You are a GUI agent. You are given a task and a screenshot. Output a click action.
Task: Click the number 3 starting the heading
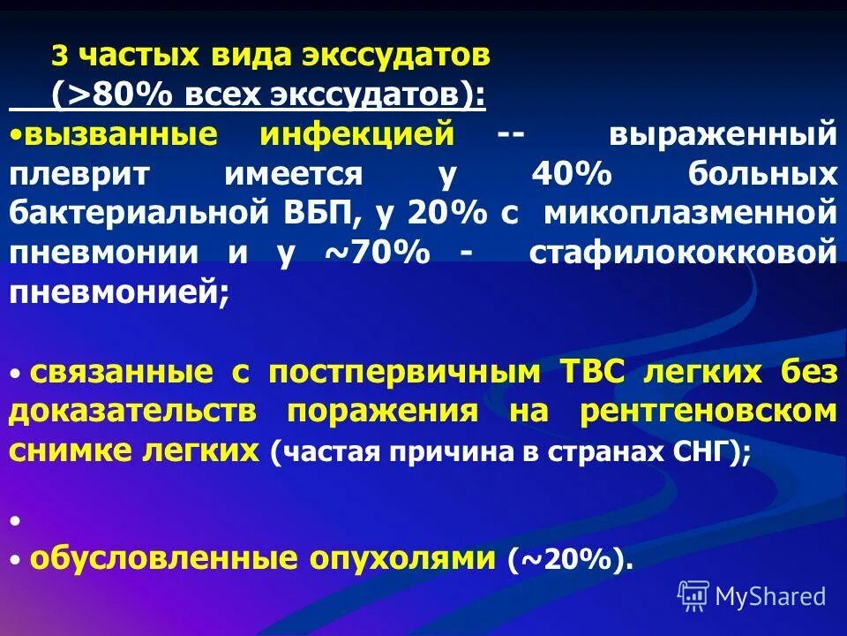click(59, 57)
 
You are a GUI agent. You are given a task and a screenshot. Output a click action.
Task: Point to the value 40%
click(571, 174)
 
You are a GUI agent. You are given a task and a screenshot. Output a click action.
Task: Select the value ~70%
click(380, 253)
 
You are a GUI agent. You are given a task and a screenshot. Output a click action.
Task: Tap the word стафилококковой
click(683, 253)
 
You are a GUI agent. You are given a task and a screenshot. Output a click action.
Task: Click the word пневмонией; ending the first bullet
click(119, 291)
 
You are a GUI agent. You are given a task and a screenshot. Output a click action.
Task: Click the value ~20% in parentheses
click(569, 559)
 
